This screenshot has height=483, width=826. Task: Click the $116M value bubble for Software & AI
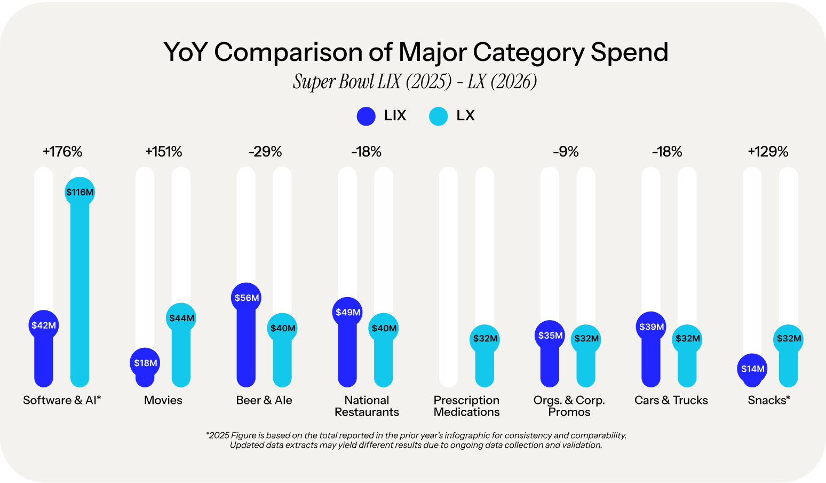click(x=80, y=192)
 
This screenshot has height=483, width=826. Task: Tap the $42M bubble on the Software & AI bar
click(x=44, y=325)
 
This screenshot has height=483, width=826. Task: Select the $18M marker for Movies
click(x=145, y=363)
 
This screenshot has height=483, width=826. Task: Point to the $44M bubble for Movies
click(x=181, y=318)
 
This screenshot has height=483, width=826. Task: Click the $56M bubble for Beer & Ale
click(x=247, y=298)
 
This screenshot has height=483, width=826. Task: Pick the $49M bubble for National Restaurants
click(x=347, y=313)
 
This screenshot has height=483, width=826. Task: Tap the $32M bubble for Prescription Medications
click(x=485, y=339)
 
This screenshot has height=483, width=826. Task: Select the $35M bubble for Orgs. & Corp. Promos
click(x=550, y=336)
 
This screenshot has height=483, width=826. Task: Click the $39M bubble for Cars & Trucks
click(x=651, y=327)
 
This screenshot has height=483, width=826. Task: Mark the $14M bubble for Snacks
click(x=752, y=369)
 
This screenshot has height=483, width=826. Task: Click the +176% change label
click(x=62, y=152)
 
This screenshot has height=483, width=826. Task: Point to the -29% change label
click(x=265, y=152)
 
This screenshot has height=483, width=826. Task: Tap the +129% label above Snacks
click(x=768, y=152)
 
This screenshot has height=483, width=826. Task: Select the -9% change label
click(x=566, y=152)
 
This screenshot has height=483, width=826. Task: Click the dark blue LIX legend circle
click(x=366, y=116)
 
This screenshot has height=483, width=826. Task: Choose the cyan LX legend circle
click(x=438, y=116)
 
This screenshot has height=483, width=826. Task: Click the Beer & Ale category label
click(x=264, y=400)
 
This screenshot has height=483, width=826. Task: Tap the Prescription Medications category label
click(x=466, y=406)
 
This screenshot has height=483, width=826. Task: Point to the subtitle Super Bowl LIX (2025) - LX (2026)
click(x=415, y=82)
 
